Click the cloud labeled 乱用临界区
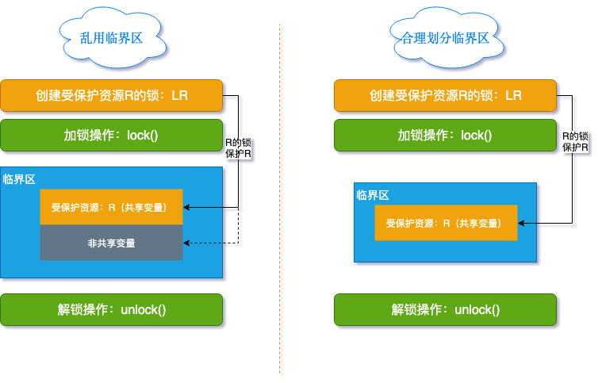[112, 36]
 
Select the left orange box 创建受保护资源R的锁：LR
[111, 95]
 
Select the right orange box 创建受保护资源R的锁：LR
[445, 95]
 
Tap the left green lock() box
[111, 135]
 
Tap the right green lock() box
[445, 135]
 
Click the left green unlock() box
[111, 309]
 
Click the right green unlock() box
[445, 309]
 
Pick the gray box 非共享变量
[111, 243]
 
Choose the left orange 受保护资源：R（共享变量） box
[111, 207]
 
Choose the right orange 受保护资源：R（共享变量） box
[446, 223]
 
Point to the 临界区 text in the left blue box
[19, 179]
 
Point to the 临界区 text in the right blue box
[372, 195]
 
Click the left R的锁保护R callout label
[239, 147]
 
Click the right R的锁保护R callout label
[575, 142]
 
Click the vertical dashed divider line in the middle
[280, 198]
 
